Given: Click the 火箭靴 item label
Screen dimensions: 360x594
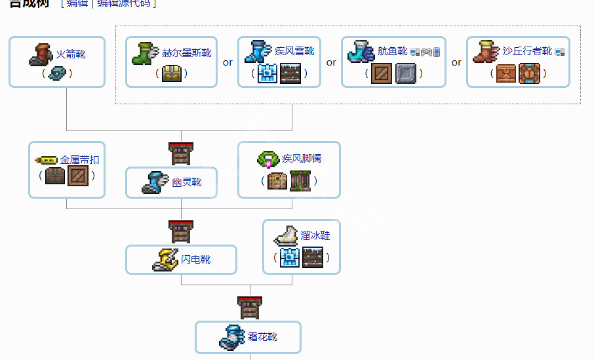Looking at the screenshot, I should (71, 54).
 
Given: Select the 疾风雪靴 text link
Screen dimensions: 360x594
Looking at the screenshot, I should (295, 52).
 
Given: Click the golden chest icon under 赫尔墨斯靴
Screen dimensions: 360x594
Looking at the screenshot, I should (172, 73).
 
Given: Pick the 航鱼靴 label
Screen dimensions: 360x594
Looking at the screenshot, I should (393, 51).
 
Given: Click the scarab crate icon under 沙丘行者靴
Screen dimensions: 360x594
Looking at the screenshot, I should (530, 73).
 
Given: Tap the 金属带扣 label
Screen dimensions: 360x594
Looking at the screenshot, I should (80, 159).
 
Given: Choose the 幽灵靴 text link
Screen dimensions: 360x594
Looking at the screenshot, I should (187, 182).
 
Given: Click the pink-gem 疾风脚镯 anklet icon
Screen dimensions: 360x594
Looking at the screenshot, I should (267, 158).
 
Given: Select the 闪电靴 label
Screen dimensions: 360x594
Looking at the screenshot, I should (196, 260).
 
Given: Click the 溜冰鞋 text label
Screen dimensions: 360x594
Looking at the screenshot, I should (315, 235).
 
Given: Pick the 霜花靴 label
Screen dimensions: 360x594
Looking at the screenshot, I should (262, 336).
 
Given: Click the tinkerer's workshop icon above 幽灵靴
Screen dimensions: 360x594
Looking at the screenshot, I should (181, 153).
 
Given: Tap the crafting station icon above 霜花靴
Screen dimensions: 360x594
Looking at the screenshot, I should (249, 308).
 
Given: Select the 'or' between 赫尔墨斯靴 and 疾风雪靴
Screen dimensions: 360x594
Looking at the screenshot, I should (228, 63).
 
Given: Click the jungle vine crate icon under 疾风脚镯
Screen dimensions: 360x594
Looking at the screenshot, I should (300, 180).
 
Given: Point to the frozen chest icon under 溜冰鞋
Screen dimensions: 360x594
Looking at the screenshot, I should (290, 258).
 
